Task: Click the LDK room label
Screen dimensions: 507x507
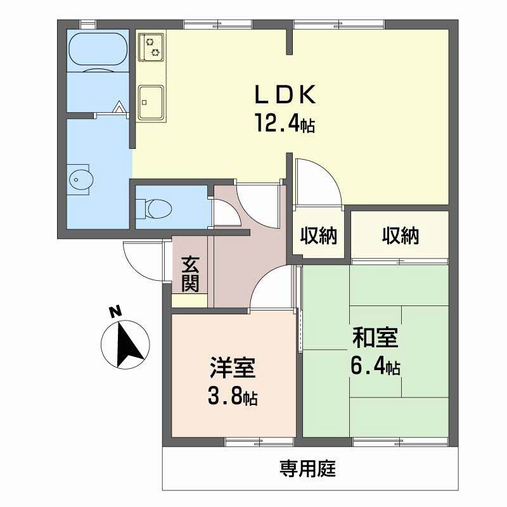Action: [x=285, y=94]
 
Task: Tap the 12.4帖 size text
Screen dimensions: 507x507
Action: [x=285, y=123]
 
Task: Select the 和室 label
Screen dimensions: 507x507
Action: [x=375, y=338]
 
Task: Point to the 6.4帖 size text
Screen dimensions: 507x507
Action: [x=375, y=366]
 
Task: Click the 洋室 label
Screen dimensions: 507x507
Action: [x=233, y=368]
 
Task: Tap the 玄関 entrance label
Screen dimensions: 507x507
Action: [x=190, y=274]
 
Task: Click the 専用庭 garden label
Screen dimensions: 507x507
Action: [x=308, y=468]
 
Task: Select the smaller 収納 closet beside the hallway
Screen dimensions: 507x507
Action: [x=319, y=235]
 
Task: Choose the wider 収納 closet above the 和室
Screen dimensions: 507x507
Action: [x=401, y=235]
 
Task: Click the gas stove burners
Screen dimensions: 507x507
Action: [x=151, y=47]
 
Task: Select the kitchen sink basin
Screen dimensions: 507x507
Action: [x=151, y=103]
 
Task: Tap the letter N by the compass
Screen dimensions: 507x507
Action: [x=115, y=311]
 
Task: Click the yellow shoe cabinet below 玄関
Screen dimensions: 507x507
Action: [x=189, y=300]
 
